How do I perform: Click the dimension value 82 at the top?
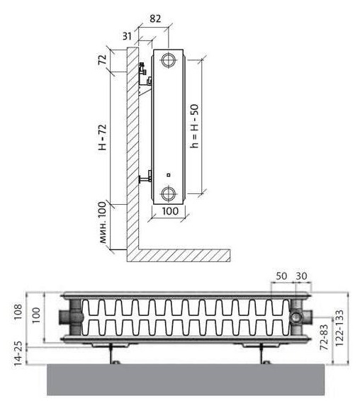coord(155,18)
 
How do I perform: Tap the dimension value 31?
coord(127,36)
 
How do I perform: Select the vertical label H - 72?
coord(103,137)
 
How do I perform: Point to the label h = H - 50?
coord(194,126)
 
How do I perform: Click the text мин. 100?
coord(102,222)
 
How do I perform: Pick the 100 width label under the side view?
coord(170,211)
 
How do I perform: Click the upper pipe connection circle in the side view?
coord(169,61)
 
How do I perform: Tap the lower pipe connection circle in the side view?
coord(169,193)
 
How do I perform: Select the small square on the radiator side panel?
coord(169,175)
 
